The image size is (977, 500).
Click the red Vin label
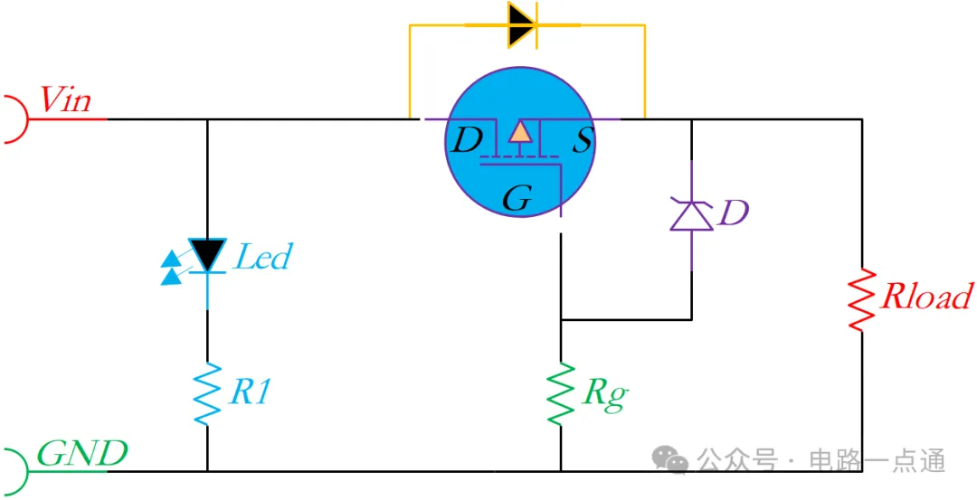65,99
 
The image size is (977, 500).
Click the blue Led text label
261,256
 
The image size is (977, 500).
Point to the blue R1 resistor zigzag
207,393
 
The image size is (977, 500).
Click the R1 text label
251,392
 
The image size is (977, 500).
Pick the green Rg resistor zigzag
560,393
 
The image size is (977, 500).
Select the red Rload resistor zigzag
862,300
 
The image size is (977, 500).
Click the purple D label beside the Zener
734,213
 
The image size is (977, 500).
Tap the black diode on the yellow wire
522,25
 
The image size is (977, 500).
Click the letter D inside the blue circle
467,140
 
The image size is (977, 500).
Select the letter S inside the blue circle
582,141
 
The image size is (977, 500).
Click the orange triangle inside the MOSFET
519,132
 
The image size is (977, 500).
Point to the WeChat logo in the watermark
670,459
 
